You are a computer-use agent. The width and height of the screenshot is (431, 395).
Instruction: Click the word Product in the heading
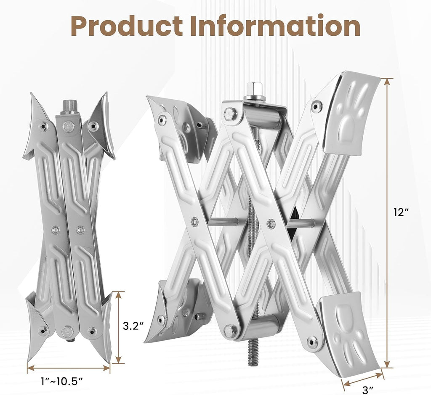(x=127, y=26)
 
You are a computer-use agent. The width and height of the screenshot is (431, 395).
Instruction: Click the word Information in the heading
(x=275, y=26)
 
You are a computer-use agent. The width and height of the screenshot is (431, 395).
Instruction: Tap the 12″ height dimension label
(x=401, y=212)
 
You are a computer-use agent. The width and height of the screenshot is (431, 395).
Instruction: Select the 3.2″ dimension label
(x=133, y=326)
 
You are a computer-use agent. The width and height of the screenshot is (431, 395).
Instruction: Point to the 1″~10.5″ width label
(x=62, y=381)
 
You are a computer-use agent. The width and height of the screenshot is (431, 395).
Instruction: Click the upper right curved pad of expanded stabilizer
(x=352, y=113)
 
